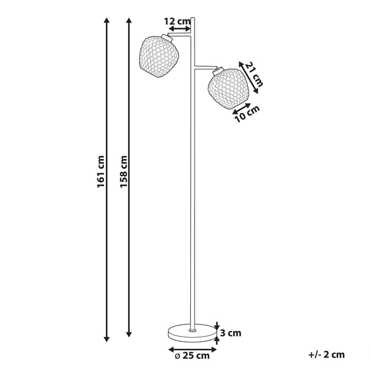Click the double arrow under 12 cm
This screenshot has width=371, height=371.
[179, 30]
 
